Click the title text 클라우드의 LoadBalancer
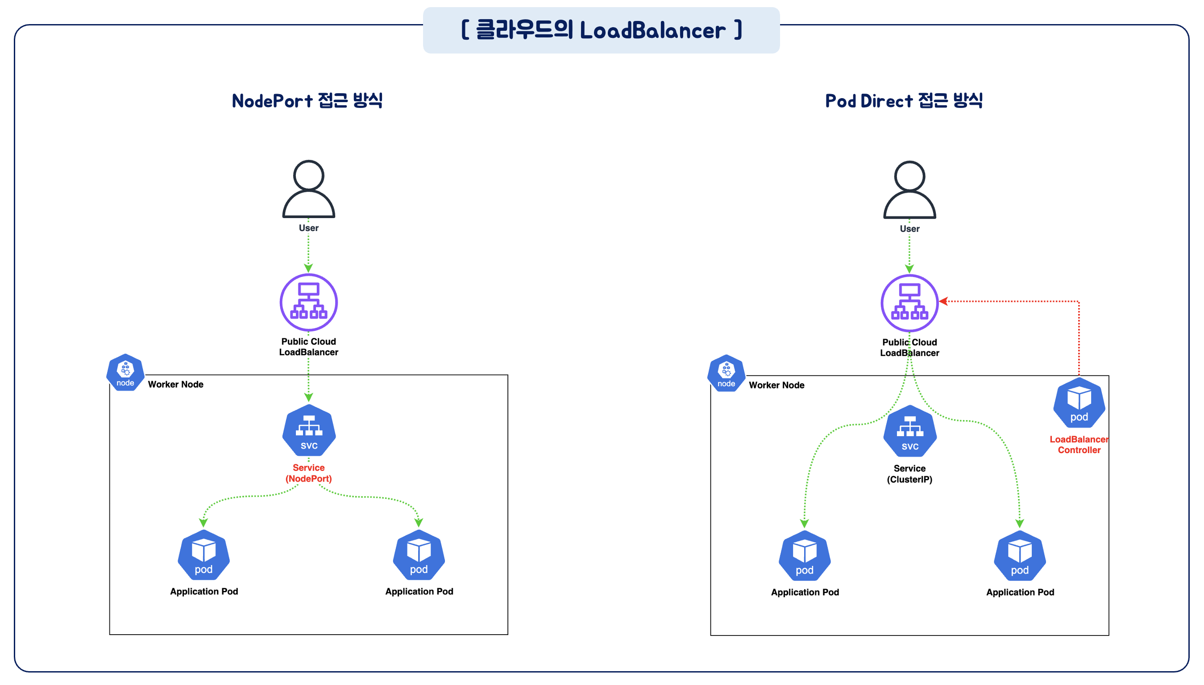click(x=601, y=31)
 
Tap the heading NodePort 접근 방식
click(x=307, y=101)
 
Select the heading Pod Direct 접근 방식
click(x=904, y=101)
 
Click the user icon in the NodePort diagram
click(x=308, y=189)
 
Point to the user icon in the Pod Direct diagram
click(x=909, y=190)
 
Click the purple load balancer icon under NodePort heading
click(x=308, y=302)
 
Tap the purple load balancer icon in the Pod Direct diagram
click(x=909, y=303)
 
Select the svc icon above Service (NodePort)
click(x=309, y=430)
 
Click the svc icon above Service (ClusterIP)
click(x=910, y=431)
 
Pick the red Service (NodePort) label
click(x=309, y=473)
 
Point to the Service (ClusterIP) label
click(x=909, y=474)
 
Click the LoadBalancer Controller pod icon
click(x=1079, y=403)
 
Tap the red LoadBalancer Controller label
click(x=1079, y=445)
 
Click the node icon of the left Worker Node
click(x=125, y=372)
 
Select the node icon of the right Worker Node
click(x=726, y=373)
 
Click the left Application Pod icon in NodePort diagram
click(x=203, y=555)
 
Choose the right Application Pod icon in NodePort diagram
click(x=419, y=555)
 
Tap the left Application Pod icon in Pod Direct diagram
click(x=805, y=556)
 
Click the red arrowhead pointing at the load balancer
click(x=943, y=301)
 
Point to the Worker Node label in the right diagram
click(x=776, y=385)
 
